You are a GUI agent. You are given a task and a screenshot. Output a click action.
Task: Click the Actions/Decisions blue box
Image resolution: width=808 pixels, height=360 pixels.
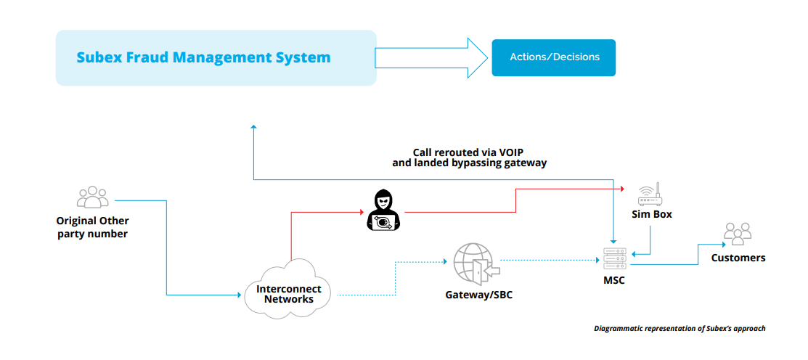point(554,57)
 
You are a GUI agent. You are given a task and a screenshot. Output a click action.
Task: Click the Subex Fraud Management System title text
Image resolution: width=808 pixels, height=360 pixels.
point(203,57)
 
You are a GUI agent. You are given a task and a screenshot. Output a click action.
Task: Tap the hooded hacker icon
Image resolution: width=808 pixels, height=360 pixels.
point(383,210)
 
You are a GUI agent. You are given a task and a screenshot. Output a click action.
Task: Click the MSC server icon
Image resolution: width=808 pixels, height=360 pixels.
point(613,258)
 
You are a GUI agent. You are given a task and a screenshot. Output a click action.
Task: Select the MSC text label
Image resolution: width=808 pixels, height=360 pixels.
point(613,281)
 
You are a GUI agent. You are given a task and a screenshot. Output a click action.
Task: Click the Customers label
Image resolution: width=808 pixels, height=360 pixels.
point(738,258)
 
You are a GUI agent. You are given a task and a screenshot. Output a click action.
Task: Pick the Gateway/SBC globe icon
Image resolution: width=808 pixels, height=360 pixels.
point(473,264)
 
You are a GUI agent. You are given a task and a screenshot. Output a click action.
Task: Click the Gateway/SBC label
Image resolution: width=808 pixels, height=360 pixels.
point(473,295)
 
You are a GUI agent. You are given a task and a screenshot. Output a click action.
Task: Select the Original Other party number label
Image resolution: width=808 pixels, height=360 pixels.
point(92,227)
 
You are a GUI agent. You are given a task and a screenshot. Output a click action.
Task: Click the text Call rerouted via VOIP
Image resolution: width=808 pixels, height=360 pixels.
point(469,152)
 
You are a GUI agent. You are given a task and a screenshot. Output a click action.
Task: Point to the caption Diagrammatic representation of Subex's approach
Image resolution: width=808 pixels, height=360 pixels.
point(680,329)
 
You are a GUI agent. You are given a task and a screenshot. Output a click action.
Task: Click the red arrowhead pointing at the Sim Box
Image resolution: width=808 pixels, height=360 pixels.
point(623,188)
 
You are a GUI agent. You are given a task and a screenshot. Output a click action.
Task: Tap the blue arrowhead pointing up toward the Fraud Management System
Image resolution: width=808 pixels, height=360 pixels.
point(253,128)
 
